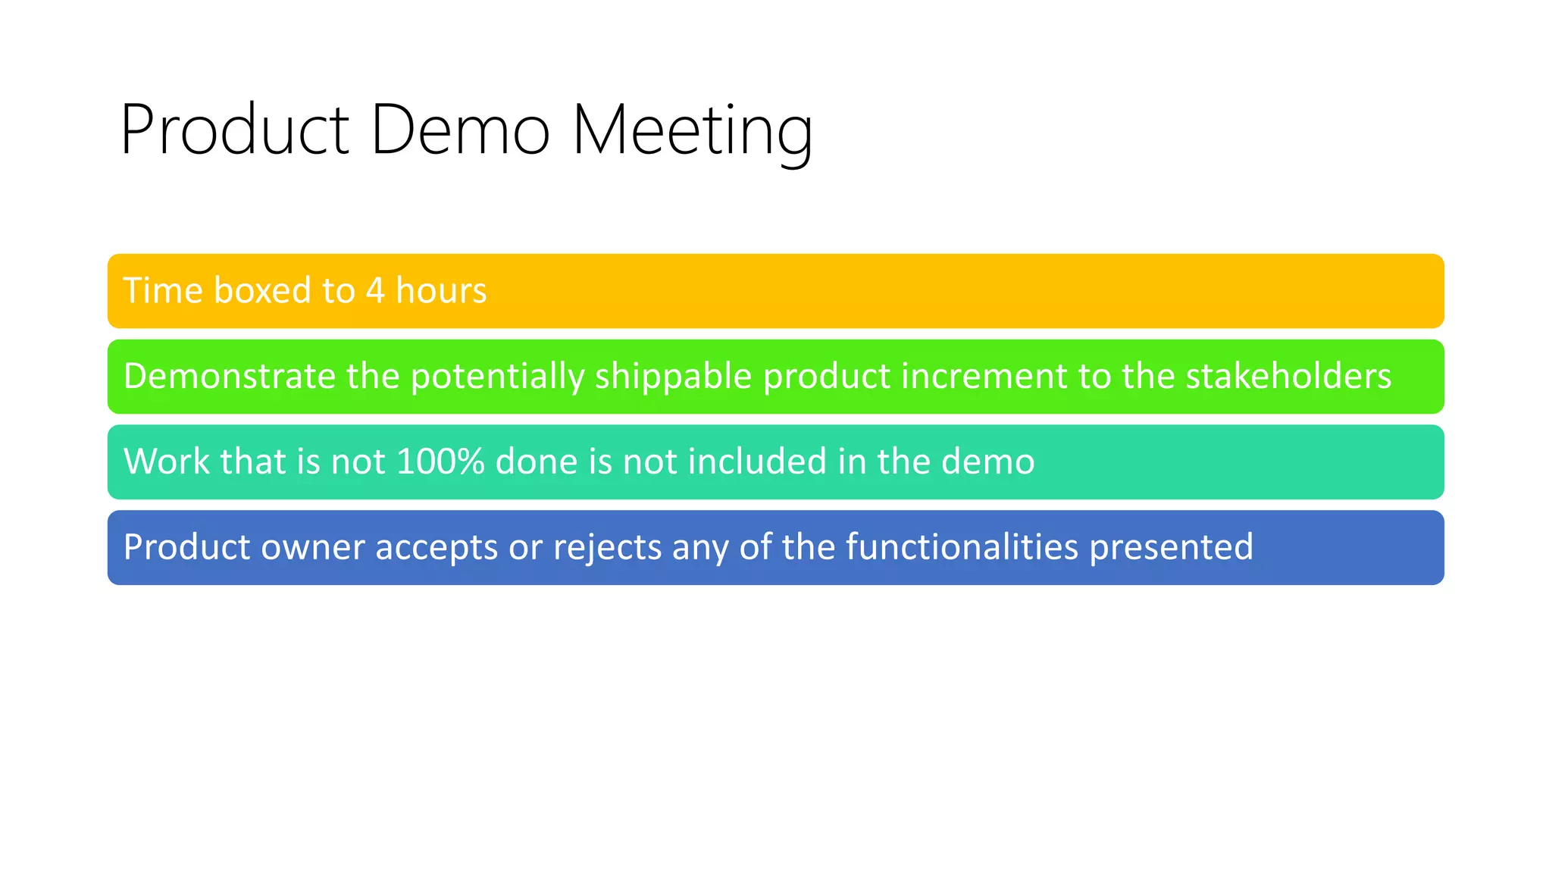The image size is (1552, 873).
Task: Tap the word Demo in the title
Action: click(460, 130)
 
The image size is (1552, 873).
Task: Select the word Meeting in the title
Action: click(692, 132)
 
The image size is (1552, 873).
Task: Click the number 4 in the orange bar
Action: click(375, 291)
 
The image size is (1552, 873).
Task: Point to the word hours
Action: click(441, 291)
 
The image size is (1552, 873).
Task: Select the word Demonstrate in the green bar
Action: click(230, 377)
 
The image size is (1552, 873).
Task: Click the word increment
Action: click(978, 377)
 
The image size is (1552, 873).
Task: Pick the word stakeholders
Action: click(1288, 377)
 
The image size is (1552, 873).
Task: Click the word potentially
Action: click(498, 377)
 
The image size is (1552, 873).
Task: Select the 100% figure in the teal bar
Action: click(440, 462)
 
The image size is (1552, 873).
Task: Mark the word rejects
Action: click(608, 547)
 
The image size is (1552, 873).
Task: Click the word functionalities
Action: click(962, 547)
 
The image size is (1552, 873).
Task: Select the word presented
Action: click(1171, 547)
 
